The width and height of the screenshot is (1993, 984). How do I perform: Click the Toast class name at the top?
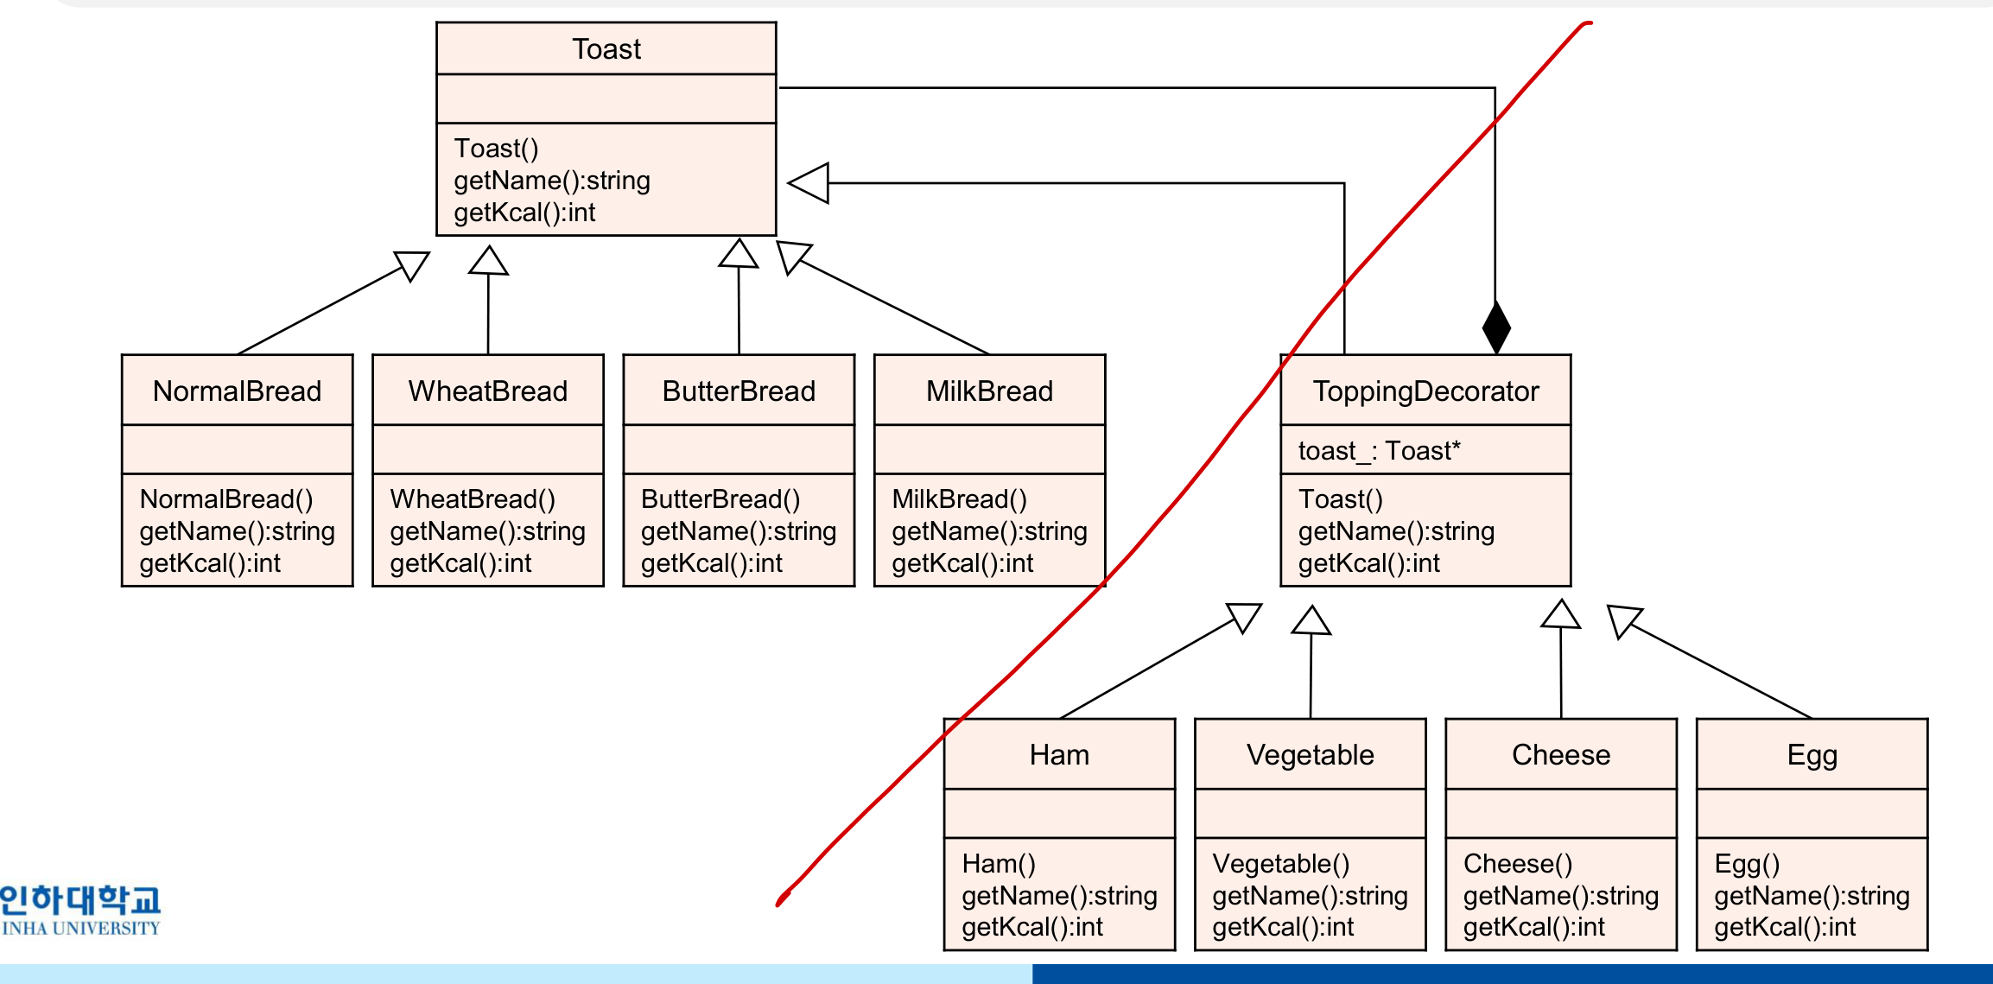point(606,49)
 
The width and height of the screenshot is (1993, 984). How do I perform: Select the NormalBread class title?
point(237,391)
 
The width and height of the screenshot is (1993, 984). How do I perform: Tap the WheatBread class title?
point(488,391)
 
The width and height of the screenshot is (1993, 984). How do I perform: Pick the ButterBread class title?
point(739,391)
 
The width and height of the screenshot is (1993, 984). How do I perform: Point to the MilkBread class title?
point(990,391)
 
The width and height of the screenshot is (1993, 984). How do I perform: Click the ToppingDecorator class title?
point(1426,391)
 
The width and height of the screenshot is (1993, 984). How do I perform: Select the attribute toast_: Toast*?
point(1380,451)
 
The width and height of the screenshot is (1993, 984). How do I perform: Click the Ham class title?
point(1059,755)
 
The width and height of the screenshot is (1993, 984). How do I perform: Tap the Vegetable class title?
point(1311,755)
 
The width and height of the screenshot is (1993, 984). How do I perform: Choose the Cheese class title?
point(1561,755)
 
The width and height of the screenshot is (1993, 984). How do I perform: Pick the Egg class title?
point(1812,756)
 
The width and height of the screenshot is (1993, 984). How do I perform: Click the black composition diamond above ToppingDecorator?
point(1496,327)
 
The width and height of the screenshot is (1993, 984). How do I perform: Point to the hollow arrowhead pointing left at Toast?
point(809,183)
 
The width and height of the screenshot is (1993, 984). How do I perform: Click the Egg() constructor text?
point(1747,864)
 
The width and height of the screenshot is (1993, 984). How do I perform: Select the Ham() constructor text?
point(999,864)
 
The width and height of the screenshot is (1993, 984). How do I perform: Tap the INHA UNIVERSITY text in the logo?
point(81,929)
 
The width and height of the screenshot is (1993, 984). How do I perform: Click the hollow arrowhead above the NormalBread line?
point(412,266)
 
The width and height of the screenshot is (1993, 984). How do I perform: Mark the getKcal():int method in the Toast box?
point(524,213)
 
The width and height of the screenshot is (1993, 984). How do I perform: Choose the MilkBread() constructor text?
point(959,499)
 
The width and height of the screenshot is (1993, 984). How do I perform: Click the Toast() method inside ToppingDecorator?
point(1341,499)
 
